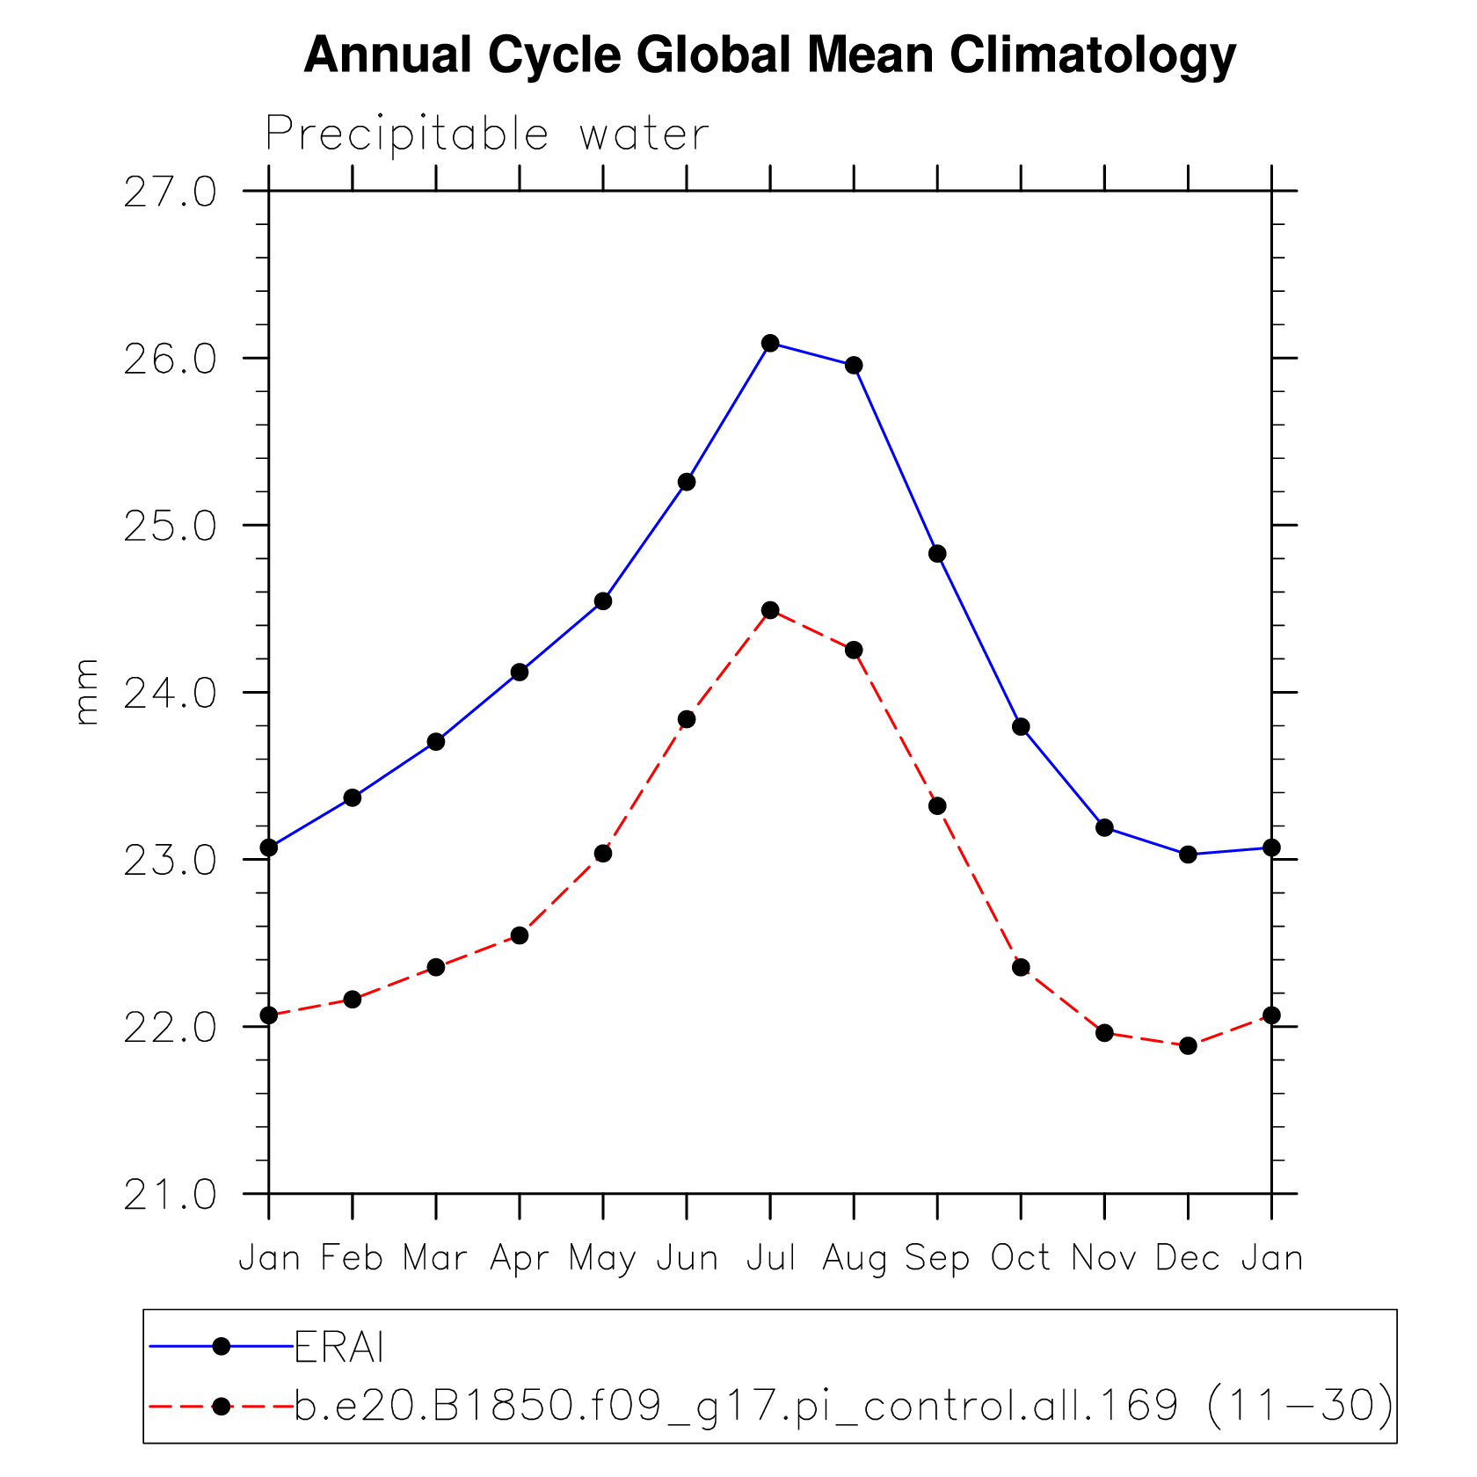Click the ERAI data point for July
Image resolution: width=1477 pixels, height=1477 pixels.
770,343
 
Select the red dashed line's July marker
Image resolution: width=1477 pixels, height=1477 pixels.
770,610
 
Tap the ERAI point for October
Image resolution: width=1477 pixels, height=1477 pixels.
1021,727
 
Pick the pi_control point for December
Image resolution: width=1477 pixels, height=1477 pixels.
1188,1045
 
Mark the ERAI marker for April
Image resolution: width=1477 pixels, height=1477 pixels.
520,673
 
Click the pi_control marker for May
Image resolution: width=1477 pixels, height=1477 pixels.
603,854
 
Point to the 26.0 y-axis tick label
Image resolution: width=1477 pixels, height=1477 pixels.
170,360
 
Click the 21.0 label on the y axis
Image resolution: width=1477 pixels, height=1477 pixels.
170,1195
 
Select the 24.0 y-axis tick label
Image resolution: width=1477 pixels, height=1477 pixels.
170,694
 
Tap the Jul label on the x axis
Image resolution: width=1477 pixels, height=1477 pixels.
771,1258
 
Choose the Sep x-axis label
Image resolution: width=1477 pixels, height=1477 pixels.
937,1258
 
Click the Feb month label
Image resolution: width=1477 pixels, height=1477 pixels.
352,1258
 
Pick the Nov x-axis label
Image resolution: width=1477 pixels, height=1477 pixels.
1104,1258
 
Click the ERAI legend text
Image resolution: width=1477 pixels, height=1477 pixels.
339,1347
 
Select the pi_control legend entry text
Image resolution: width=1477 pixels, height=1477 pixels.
844,1405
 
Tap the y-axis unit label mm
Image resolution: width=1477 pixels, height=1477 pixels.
86,693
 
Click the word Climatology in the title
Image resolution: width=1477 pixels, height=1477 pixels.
1092,55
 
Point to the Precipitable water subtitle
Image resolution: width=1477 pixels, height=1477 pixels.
487,135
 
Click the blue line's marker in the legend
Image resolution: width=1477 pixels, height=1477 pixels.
222,1346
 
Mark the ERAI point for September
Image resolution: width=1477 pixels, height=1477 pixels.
937,554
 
